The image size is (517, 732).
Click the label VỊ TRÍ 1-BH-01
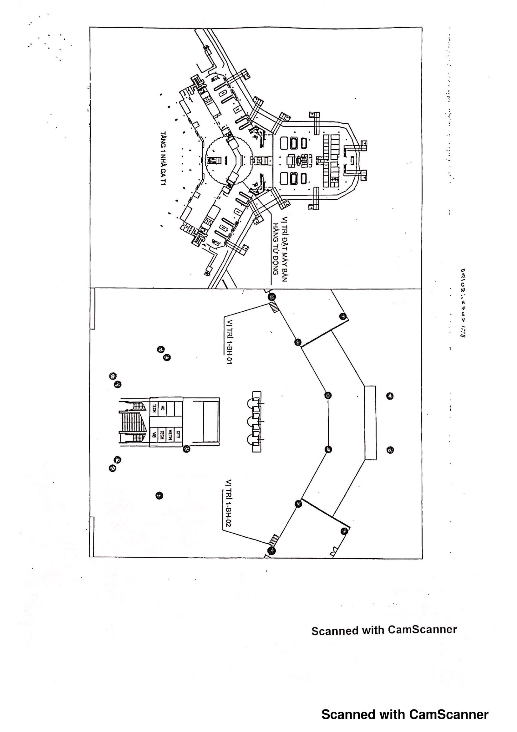click(229, 341)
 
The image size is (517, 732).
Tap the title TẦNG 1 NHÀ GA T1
click(163, 158)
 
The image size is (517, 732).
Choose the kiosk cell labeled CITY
click(178, 433)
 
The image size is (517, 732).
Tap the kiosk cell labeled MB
click(162, 407)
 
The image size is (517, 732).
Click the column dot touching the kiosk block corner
click(187, 449)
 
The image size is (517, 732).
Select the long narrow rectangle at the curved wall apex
click(370, 423)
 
